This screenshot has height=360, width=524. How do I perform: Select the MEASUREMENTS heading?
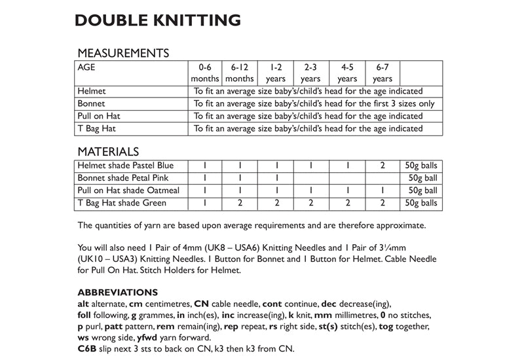124,53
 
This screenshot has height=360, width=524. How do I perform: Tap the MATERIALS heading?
108,151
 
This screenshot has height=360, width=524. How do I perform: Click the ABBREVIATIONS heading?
118,292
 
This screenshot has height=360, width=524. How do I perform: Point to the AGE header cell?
87,67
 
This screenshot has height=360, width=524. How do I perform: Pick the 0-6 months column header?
205,73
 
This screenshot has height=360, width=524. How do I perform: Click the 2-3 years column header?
310,73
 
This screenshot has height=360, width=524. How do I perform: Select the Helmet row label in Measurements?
92,92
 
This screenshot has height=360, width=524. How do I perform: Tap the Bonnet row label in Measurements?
92,104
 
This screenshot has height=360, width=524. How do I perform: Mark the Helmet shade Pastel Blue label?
125,166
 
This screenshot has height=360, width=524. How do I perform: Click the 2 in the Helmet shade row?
382,166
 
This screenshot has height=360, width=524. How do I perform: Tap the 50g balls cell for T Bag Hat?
420,203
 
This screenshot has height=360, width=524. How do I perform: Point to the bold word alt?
84,304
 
